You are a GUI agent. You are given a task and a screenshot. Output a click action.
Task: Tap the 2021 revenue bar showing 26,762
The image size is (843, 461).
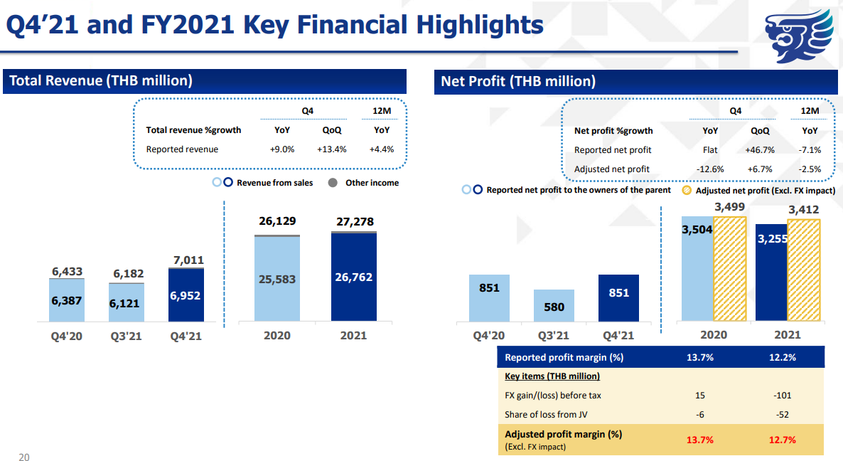pyautogui.click(x=353, y=277)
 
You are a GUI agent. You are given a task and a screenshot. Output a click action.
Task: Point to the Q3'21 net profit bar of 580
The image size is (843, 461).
pyautogui.click(x=554, y=306)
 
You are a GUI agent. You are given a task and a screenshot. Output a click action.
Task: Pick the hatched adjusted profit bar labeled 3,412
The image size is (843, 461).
pyautogui.click(x=804, y=270)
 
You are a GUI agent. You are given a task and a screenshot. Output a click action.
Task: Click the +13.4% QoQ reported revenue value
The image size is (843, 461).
pyautogui.click(x=331, y=149)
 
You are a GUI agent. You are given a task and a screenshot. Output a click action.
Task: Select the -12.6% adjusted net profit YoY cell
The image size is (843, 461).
pyautogui.click(x=711, y=169)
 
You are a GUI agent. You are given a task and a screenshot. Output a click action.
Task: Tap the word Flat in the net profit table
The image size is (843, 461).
pyautogui.click(x=710, y=150)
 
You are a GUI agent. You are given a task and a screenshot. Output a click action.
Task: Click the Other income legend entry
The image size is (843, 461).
pyautogui.click(x=365, y=183)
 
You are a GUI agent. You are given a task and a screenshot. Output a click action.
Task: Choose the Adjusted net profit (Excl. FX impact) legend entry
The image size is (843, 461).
pyautogui.click(x=758, y=191)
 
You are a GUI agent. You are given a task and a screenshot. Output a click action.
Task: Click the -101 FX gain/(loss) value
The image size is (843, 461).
pyautogui.click(x=783, y=395)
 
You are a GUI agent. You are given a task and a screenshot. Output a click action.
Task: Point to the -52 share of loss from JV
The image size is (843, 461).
pyautogui.click(x=783, y=415)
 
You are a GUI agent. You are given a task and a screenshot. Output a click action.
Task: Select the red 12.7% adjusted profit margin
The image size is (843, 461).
pyautogui.click(x=783, y=440)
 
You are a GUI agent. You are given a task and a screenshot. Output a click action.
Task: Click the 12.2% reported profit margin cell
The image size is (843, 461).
pyautogui.click(x=783, y=357)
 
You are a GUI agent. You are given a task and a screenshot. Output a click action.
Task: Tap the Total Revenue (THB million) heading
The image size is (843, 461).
pyautogui.click(x=101, y=80)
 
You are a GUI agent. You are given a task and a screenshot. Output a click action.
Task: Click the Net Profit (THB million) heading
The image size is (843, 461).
pyautogui.click(x=518, y=81)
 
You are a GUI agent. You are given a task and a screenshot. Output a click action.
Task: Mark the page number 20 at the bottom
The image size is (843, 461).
pyautogui.click(x=24, y=457)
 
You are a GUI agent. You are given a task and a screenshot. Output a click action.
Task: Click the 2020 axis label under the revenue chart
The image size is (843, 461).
pyautogui.click(x=276, y=335)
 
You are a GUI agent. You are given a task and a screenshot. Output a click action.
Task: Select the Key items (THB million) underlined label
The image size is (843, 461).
pyautogui.click(x=552, y=376)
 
